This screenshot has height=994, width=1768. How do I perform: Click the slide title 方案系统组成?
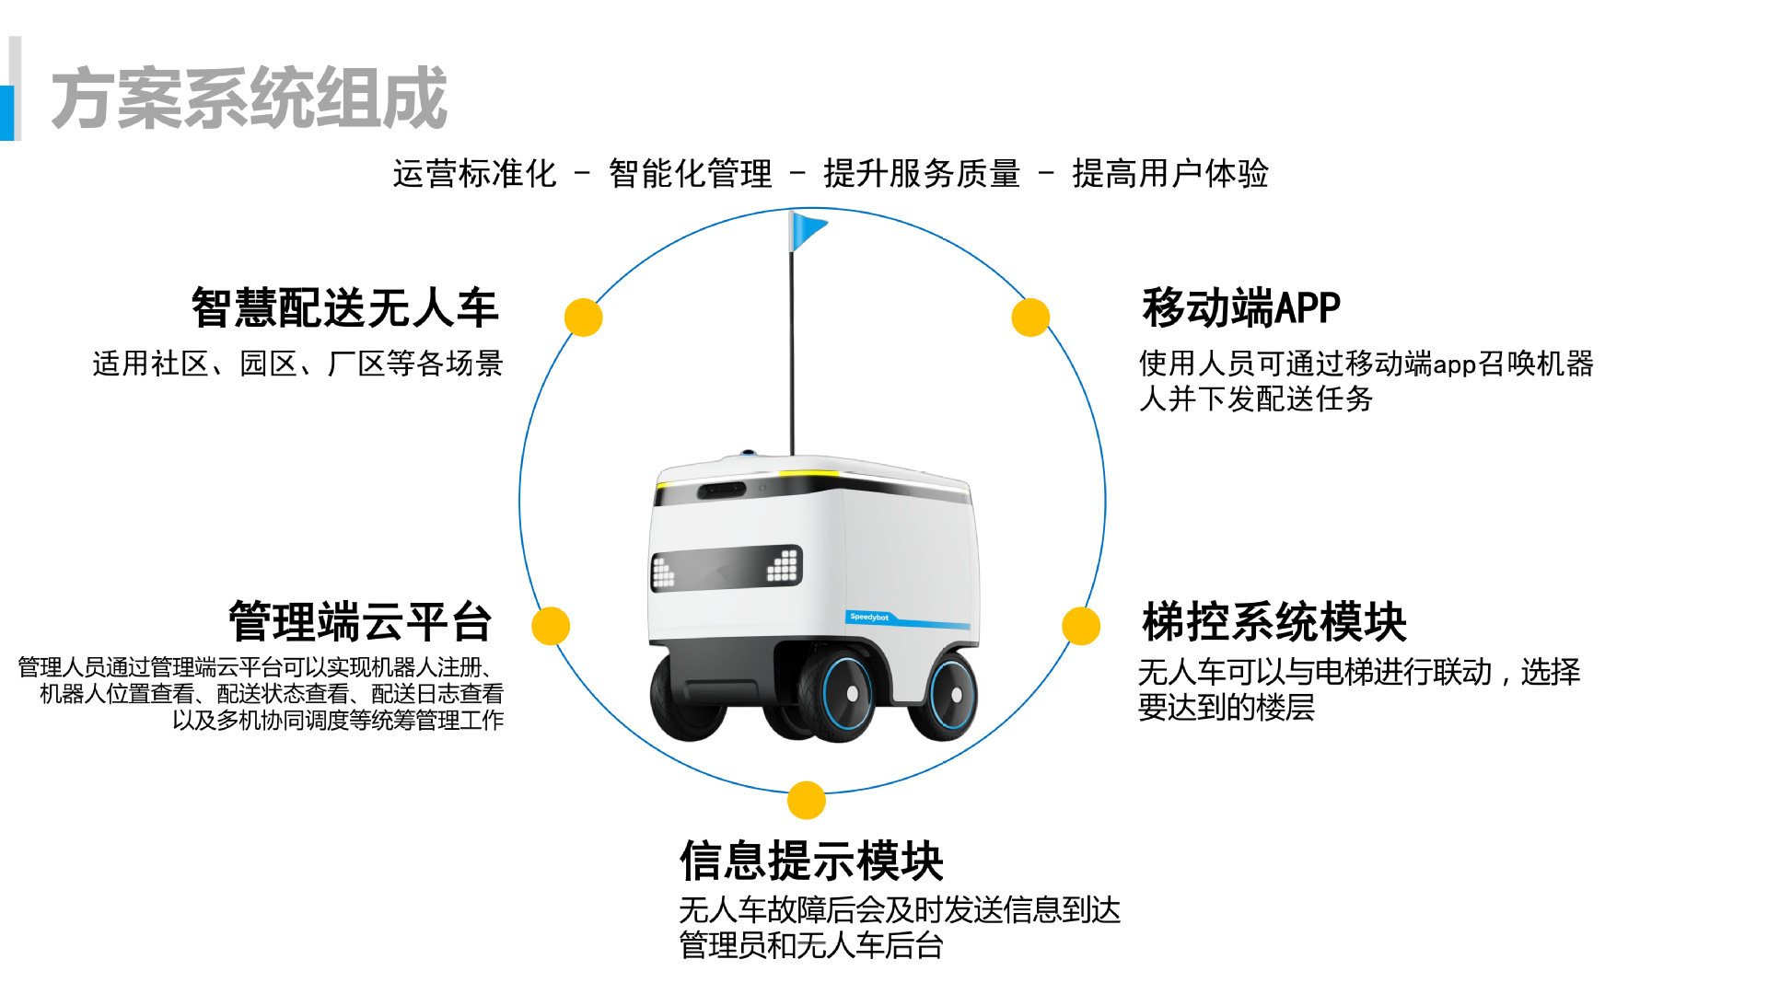249,98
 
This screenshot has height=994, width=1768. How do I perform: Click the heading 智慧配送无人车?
344,307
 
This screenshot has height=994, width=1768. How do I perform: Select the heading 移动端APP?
1240,307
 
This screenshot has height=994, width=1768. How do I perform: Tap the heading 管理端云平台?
360,621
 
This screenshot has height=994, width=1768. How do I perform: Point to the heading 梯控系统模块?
1274,621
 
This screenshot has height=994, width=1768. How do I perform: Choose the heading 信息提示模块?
811,861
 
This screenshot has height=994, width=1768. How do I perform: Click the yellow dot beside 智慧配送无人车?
583,318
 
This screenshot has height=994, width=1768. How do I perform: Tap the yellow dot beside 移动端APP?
1030,318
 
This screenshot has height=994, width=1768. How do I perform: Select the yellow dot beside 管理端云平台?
551,626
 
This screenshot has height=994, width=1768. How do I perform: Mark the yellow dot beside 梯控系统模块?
1081,626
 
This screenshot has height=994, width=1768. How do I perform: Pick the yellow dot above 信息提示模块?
807,800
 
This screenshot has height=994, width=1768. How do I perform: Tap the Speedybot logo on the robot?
869,618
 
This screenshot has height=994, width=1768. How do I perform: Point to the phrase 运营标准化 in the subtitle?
474,173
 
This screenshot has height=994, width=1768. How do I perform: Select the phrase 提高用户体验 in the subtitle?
1170,173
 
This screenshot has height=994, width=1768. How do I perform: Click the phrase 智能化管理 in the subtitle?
690,173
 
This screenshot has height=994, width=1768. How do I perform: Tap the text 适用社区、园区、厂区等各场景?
297,364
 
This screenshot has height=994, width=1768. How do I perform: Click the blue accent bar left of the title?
6,112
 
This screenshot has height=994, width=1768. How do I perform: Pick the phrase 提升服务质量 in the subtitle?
922,173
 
